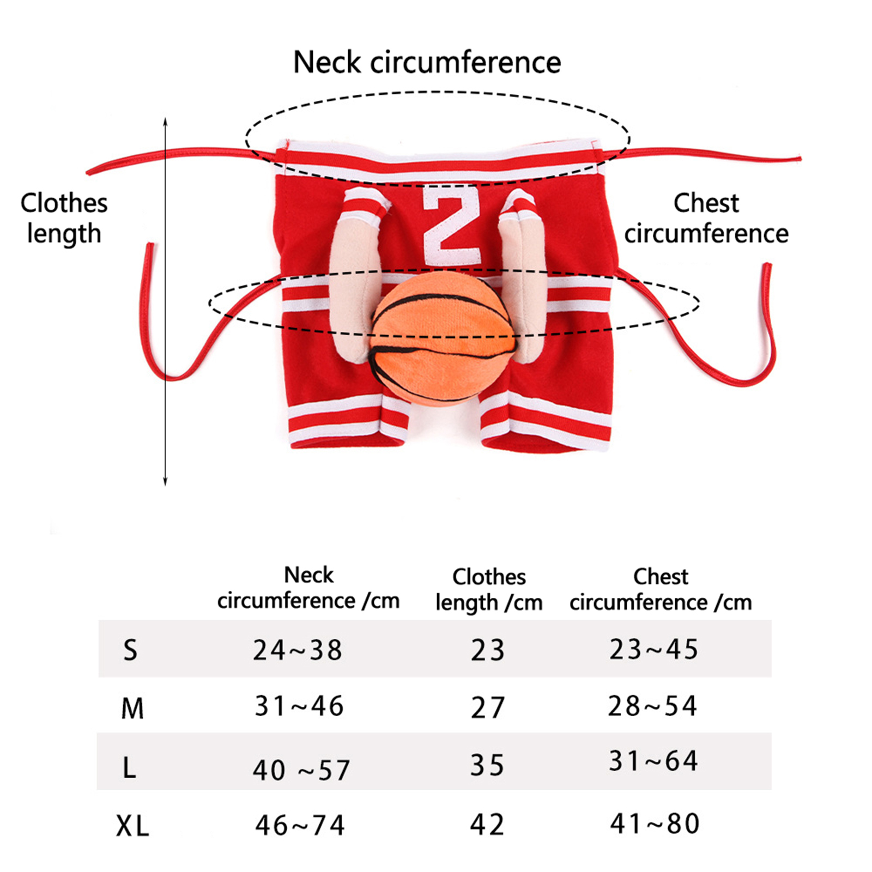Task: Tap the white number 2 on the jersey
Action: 452,225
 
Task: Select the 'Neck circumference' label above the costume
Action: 427,62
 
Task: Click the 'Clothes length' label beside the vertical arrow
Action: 64,218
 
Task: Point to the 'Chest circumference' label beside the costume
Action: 706,218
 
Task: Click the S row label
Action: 130,650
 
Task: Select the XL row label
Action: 132,825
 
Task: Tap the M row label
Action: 132,708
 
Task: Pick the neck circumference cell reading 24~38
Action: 298,650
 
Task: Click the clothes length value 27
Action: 488,707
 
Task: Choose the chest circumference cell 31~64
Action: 653,761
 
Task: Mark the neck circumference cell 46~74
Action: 300,825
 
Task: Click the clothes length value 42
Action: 487,824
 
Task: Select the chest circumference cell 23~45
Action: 653,649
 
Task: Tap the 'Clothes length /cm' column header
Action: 489,589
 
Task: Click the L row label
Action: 129,767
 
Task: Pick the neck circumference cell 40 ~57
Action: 301,770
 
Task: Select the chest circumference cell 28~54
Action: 652,706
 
